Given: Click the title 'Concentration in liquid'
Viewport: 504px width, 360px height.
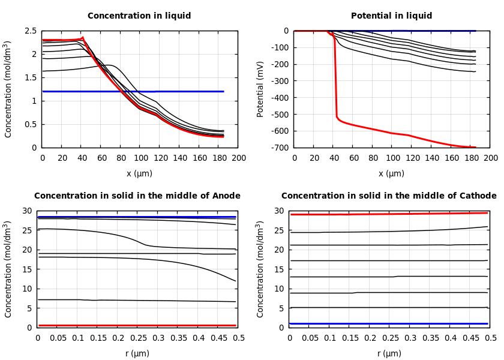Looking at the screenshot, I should pyautogui.click(x=139, y=16).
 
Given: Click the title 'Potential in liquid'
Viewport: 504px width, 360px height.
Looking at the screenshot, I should pyautogui.click(x=391, y=16).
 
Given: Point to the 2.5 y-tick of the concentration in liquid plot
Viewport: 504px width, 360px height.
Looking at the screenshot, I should pyautogui.click(x=30, y=31).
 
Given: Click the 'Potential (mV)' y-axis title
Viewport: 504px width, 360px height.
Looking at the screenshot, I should pyautogui.click(x=260, y=89).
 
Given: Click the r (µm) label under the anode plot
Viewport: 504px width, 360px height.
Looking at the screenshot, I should pyautogui.click(x=138, y=354).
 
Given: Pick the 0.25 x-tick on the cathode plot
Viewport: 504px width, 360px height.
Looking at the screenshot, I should pyautogui.click(x=390, y=338).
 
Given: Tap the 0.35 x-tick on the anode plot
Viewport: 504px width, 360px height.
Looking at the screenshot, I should pyautogui.click(x=178, y=338).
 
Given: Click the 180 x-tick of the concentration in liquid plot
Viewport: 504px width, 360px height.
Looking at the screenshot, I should pyautogui.click(x=219, y=158).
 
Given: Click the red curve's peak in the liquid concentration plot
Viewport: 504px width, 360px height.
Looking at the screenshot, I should pyautogui.click(x=82, y=38).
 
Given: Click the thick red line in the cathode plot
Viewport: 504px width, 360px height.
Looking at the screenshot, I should pyautogui.click(x=390, y=214).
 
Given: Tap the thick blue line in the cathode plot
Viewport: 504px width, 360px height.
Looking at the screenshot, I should pyautogui.click(x=390, y=323).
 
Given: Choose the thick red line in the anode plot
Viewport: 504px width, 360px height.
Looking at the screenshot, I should pyautogui.click(x=138, y=325).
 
